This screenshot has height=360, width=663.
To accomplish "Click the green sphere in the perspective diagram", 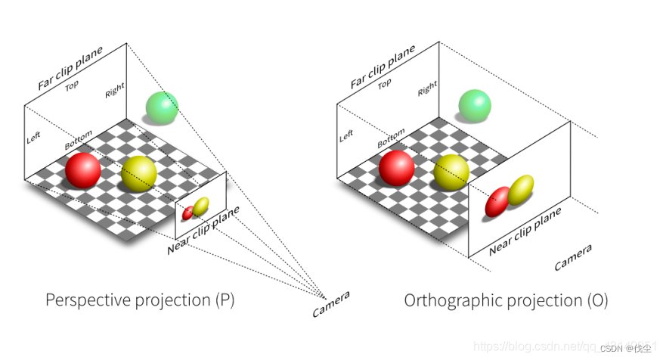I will [x=162, y=107].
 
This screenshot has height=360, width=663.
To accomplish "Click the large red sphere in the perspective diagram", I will [x=83, y=171].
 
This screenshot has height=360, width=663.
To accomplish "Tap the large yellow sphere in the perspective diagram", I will [x=139, y=172].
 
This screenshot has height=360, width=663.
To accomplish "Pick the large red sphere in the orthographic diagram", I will [x=396, y=168].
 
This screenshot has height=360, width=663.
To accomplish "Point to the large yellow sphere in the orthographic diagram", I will [x=451, y=172].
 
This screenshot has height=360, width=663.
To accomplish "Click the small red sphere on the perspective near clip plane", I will [x=188, y=213].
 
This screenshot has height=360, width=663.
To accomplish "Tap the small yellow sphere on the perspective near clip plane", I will [x=200, y=206].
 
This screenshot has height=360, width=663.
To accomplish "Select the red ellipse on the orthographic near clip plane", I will [x=497, y=202].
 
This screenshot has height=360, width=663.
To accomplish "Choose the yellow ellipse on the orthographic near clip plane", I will [x=520, y=191].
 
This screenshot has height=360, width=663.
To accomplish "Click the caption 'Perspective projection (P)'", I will [x=140, y=300].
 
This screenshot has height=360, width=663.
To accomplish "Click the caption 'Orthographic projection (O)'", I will [x=506, y=300].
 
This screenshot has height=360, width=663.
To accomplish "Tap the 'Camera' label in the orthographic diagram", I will [x=573, y=258].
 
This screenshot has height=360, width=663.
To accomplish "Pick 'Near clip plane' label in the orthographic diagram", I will [x=525, y=230].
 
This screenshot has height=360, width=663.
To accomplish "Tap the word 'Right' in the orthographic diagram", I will [x=427, y=89].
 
